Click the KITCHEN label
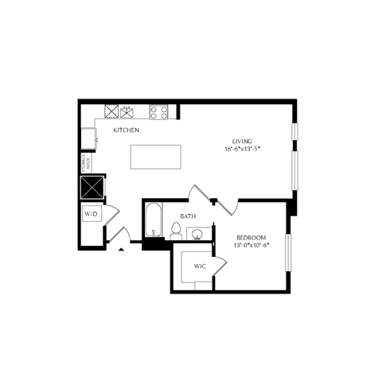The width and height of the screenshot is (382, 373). (126, 130)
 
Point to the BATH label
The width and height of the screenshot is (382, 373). (188, 216)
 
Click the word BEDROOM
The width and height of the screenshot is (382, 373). (251, 238)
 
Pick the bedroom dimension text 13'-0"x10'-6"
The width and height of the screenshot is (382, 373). (251, 246)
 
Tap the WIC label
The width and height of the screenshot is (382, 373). (200, 266)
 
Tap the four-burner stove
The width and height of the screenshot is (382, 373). (158, 112)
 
